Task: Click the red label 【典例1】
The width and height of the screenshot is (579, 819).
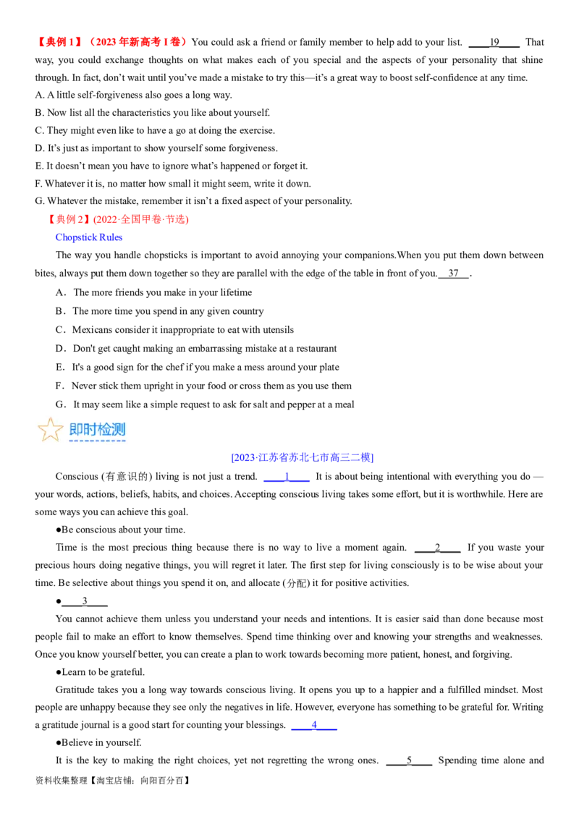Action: (61, 42)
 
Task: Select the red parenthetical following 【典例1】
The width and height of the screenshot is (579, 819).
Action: (138, 42)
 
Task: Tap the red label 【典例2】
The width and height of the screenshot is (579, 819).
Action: (70, 219)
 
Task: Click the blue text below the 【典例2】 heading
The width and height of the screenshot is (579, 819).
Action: (89, 237)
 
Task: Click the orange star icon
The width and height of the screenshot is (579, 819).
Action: (50, 429)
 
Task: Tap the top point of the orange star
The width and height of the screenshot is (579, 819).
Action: (50, 417)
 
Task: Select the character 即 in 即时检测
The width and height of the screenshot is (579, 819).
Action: (76, 429)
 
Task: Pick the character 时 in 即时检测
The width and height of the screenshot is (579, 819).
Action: (90, 429)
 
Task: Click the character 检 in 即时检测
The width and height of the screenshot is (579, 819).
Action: (105, 429)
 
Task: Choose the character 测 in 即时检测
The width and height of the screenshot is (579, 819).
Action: (119, 429)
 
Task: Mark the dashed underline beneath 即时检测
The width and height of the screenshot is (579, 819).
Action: (97, 441)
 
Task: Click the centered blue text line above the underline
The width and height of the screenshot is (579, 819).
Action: (303, 457)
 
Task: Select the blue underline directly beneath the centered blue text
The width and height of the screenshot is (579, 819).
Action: (287, 481)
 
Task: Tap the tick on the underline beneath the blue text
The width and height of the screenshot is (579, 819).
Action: (287, 475)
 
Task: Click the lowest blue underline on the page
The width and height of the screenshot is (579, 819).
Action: (315, 729)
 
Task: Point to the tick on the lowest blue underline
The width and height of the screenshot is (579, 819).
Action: (315, 723)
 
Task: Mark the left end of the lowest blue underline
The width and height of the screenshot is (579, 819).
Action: (291, 729)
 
